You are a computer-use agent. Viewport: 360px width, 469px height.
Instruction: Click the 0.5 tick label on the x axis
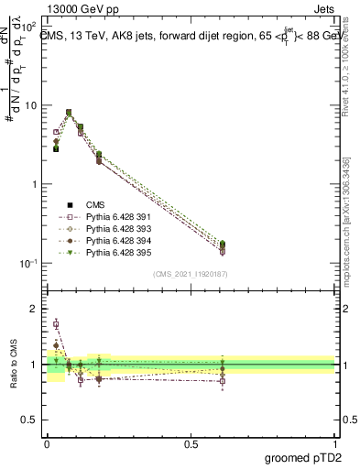pos(191,443)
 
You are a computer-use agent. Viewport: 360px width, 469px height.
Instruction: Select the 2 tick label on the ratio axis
pos(35,309)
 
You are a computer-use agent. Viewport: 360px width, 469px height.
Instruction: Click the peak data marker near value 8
pos(69,113)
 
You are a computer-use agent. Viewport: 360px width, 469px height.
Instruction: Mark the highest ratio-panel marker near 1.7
pos(56,324)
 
